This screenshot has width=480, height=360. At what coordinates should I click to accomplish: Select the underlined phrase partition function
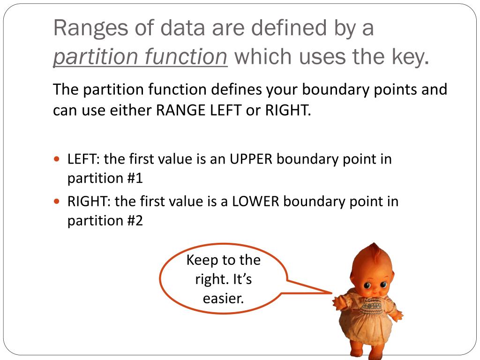(140, 57)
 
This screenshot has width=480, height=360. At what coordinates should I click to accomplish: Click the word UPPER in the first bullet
(250, 159)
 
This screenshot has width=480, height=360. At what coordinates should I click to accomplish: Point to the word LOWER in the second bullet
(255, 202)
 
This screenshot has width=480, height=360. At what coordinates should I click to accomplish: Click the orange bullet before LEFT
(57, 159)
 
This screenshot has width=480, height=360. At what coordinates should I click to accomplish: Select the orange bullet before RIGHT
(57, 202)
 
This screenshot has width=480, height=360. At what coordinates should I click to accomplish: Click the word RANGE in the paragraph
(178, 110)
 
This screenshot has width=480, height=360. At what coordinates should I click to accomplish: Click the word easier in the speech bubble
(223, 298)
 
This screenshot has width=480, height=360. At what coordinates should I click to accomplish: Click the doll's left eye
(367, 285)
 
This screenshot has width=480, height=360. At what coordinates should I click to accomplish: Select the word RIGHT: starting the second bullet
(89, 202)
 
